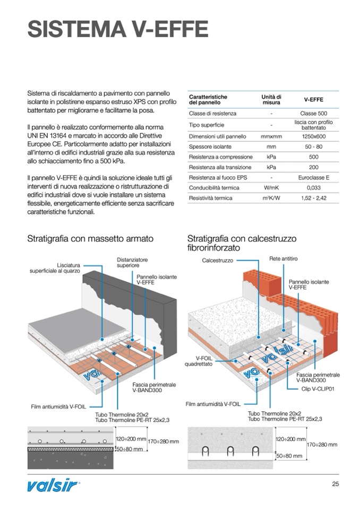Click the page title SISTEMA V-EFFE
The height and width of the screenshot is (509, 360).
(117, 29)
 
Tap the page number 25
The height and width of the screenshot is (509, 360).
(335, 484)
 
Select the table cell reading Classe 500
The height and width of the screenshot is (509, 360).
(313, 114)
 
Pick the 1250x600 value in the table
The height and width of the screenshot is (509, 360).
(313, 136)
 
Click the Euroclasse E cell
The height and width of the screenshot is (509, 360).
(313, 177)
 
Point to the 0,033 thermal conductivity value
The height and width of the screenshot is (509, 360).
(313, 187)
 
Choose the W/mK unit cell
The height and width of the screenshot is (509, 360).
(271, 187)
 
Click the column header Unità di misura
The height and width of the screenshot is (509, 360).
(271, 99)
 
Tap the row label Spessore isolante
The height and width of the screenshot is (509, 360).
(207, 146)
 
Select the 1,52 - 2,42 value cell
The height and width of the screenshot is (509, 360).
(313, 198)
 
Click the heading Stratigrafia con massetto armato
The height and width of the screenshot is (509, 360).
(90, 239)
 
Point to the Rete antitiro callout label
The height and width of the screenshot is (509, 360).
(284, 258)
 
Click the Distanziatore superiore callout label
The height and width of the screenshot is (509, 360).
(132, 262)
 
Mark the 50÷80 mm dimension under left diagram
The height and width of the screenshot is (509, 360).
(130, 449)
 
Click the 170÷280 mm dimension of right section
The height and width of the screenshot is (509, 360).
(322, 444)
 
